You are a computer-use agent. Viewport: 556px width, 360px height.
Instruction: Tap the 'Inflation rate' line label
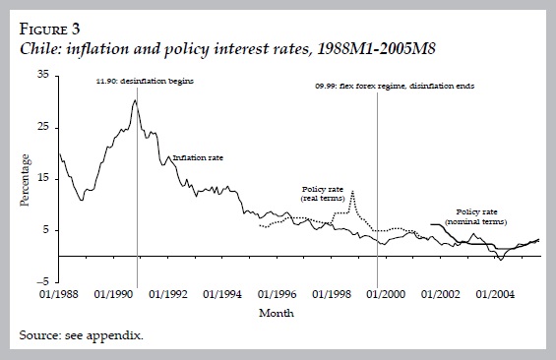199,157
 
